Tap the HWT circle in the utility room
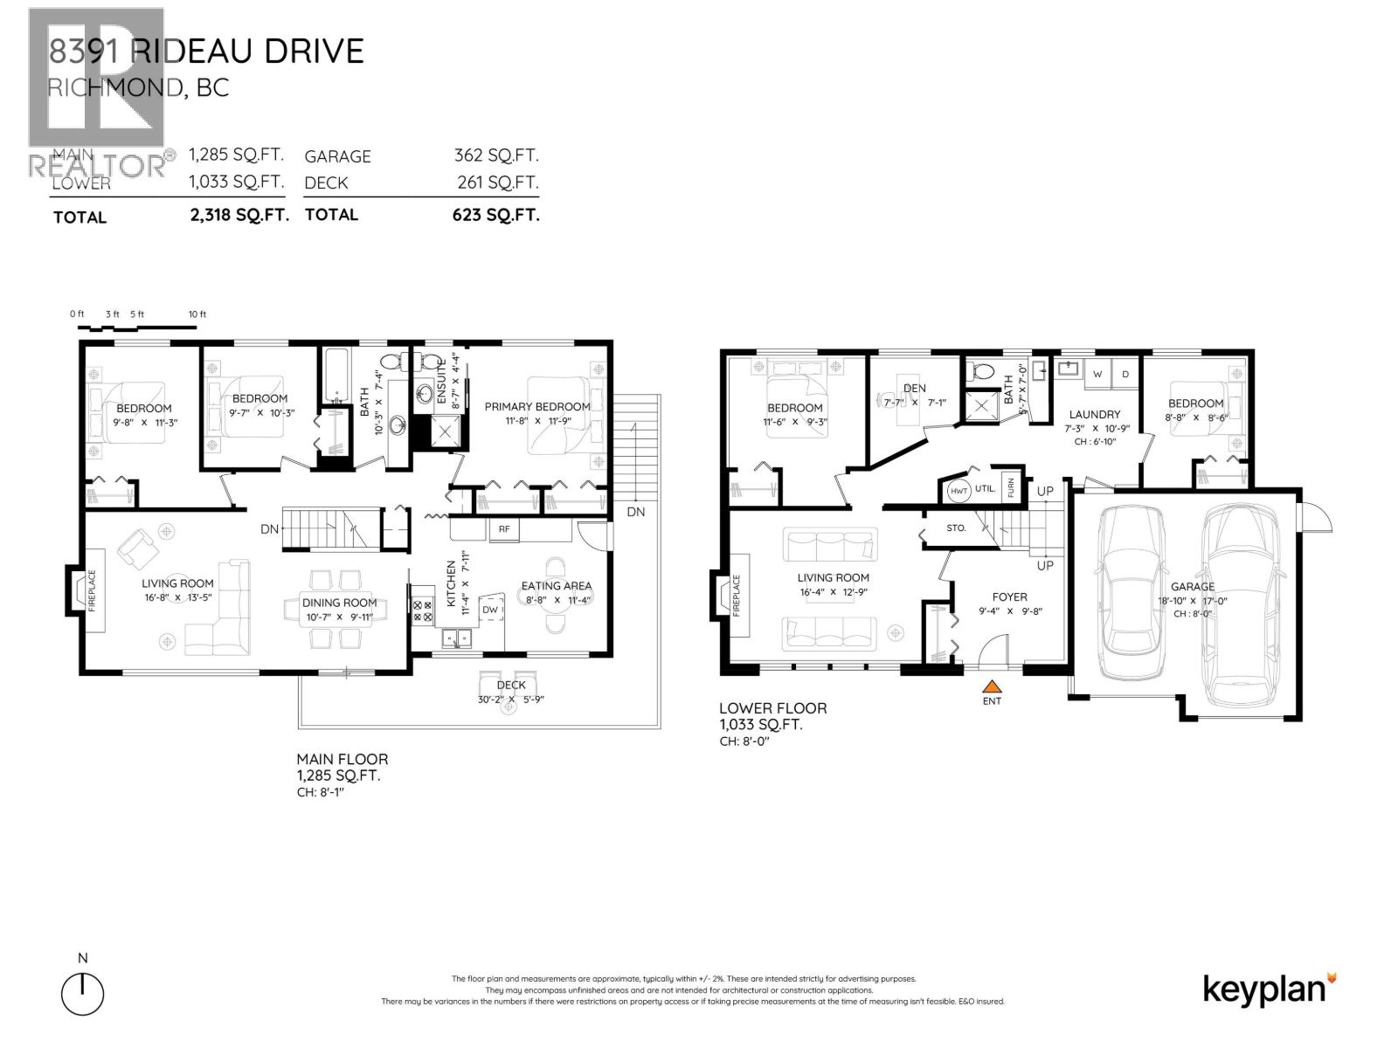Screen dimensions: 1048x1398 pos(959,492)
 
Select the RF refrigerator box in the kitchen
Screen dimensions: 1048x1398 pos(504,529)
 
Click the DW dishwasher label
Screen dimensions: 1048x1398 pos(490,610)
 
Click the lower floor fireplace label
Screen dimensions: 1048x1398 pos(736,596)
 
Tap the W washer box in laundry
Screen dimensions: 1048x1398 pos(1097,374)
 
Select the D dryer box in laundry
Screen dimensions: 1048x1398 pos(1125,374)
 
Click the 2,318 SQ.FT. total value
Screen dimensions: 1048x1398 pos(239,215)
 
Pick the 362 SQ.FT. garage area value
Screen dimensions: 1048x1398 pos(496,155)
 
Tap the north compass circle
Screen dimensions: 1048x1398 pos(83,994)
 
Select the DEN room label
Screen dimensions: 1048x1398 pos(915,388)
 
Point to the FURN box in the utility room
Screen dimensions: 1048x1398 pos(1011,487)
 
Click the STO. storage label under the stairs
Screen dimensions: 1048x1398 pos(956,528)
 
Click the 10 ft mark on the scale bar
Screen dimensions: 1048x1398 pos(197,314)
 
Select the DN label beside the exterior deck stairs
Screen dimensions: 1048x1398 pos(635,512)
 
